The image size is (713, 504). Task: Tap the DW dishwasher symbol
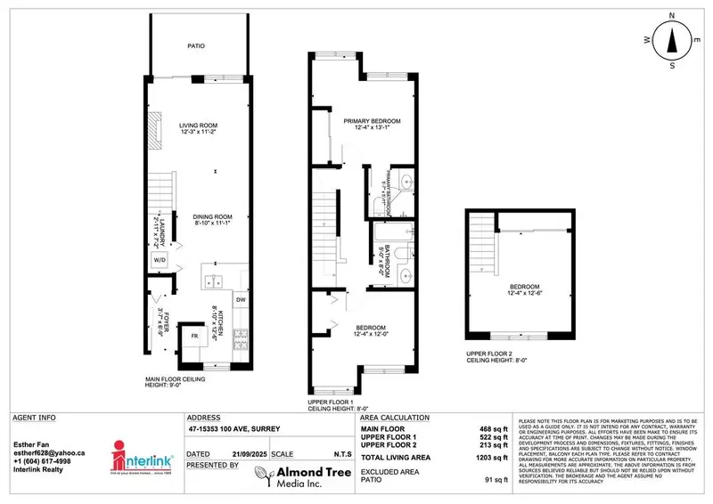pyautogui.click(x=241, y=300)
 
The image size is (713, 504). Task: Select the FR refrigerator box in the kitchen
pyautogui.click(x=193, y=336)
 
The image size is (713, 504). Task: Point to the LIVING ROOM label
pyautogui.click(x=199, y=125)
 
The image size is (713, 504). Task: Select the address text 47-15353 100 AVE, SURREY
pyautogui.click(x=234, y=429)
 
